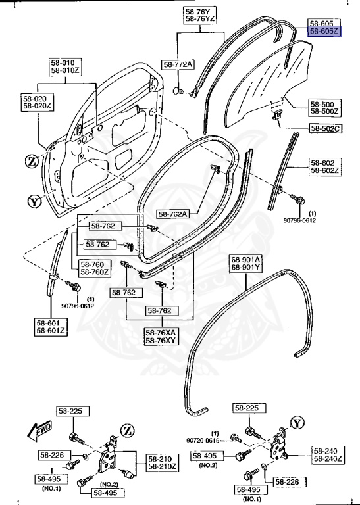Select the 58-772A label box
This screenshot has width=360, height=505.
[x=178, y=64]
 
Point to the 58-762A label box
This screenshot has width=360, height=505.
[x=173, y=214]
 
